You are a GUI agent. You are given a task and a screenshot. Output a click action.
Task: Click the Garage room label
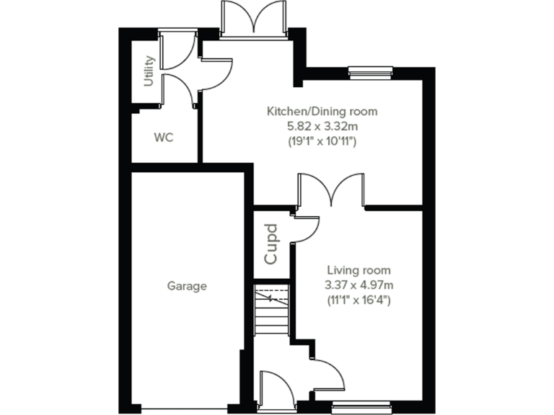pos(187,286)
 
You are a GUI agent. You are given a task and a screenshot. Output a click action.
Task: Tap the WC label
pos(164,137)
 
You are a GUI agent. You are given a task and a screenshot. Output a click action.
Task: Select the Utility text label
pos(149,71)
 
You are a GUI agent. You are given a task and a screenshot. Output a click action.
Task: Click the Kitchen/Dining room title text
pos(322,112)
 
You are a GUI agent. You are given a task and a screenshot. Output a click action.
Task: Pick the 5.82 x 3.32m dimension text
pos(322,126)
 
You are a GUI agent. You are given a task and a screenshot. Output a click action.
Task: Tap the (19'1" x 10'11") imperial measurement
pos(322,141)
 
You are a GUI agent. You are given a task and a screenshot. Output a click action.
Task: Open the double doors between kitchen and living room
pos(331,190)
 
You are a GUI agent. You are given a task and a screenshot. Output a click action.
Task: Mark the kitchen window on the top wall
pos(370,71)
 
